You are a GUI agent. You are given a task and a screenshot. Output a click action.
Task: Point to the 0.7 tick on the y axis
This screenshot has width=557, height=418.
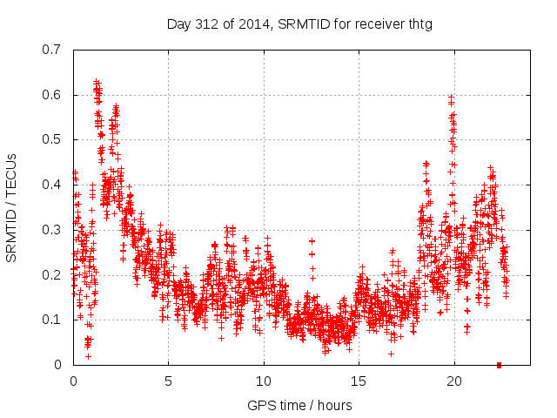coord(51,50)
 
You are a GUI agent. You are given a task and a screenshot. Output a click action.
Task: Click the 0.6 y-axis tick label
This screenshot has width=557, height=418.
coord(51,95)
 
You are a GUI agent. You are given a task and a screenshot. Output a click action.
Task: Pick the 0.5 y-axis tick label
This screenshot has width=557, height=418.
coord(51,139)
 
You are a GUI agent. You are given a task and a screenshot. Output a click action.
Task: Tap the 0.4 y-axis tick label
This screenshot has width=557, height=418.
coord(51,185)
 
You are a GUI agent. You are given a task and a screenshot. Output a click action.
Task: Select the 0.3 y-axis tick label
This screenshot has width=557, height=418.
coord(51,230)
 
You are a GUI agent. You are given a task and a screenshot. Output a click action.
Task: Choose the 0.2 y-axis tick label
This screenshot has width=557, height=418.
coord(51,274)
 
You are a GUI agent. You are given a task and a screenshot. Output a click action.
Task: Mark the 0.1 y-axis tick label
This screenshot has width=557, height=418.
coord(51,320)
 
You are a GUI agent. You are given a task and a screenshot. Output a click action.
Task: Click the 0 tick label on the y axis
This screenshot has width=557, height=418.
coord(57,365)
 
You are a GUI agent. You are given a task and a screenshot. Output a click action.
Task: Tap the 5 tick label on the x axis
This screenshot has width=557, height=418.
coord(169,381)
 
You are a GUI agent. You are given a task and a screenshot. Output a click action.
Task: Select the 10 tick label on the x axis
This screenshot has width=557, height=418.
coord(264,381)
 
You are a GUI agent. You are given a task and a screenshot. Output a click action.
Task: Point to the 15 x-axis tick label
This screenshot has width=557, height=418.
coord(359,381)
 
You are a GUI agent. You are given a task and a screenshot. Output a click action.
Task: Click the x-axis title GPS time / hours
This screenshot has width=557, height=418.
coord(299,405)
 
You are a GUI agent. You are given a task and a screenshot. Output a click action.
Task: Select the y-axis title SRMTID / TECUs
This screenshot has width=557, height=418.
coord(12,206)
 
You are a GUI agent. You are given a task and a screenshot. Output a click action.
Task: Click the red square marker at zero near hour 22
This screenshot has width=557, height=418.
coord(499,365)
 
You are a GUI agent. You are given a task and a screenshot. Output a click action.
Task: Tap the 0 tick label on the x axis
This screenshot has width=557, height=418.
coord(74,381)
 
